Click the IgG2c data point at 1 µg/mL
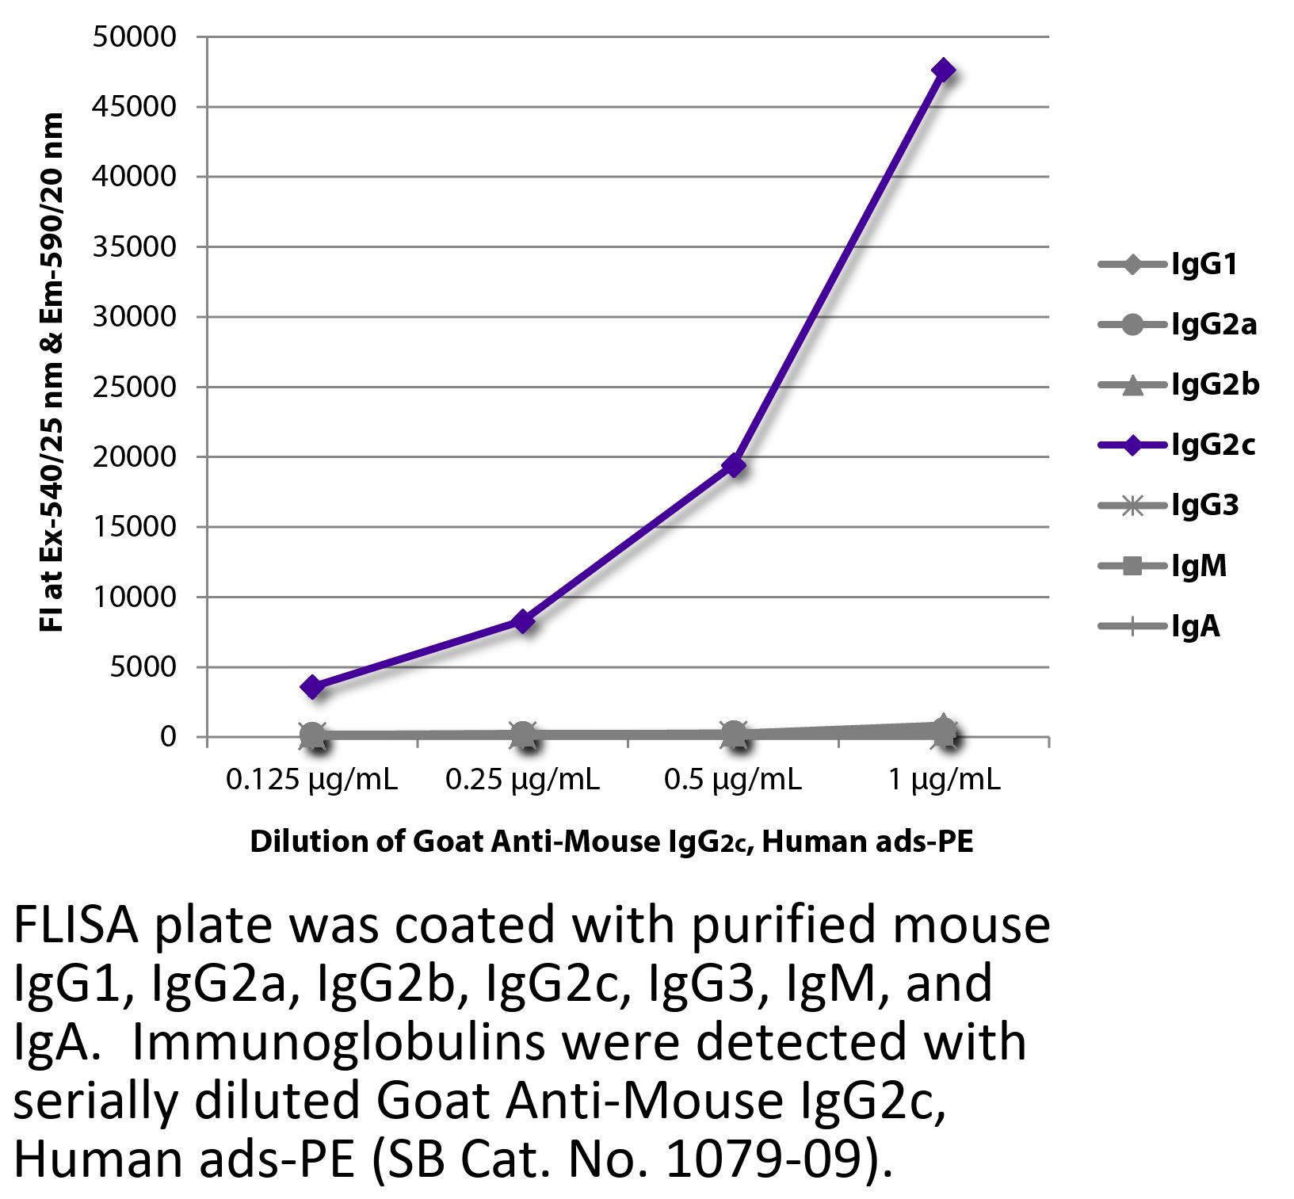943,71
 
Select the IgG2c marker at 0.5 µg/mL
735,465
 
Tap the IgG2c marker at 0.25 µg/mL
523,621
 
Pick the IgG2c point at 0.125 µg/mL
313,687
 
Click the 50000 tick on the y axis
133,37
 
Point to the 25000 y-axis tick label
133,387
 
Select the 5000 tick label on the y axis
141,667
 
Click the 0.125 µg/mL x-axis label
312,781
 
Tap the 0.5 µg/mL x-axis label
733,781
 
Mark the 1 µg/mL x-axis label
944,781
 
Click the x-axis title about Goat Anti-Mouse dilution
611,842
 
